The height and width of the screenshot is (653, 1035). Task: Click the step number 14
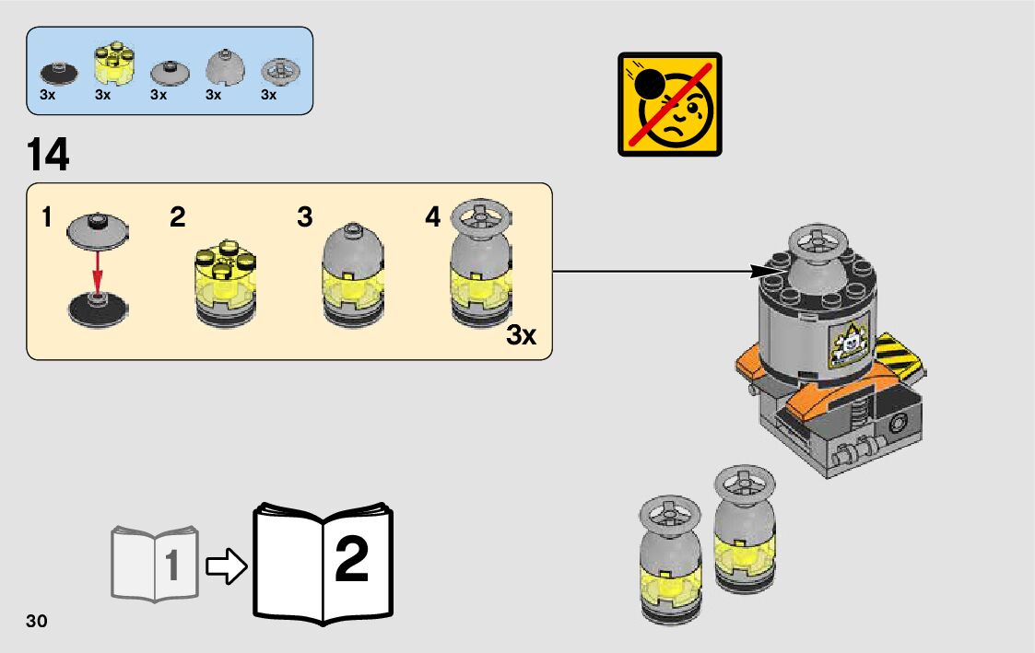pos(49,155)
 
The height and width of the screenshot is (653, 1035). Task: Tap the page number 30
pos(37,621)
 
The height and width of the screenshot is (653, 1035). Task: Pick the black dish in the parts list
pos(58,73)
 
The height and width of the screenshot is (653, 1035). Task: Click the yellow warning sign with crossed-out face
pos(669,103)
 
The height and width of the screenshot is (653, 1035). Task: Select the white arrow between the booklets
pos(226,566)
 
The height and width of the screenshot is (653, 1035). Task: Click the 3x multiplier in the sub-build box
pos(521,335)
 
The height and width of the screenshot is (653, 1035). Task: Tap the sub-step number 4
pos(433,218)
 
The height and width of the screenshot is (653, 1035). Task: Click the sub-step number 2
pos(178,218)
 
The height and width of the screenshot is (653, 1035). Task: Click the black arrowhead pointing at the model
pos(763,271)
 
